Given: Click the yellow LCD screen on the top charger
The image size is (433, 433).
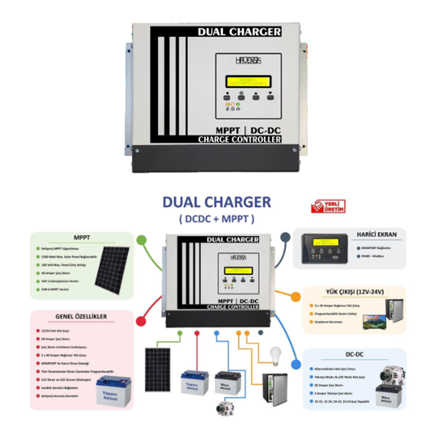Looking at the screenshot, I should [x=248, y=82].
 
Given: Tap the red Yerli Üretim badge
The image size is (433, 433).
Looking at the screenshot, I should [x=328, y=206].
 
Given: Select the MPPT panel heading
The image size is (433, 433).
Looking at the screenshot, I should [x=82, y=238].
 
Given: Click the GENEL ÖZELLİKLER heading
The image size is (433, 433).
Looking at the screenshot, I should [x=81, y=316].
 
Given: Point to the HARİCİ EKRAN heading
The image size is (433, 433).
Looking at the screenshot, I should [x=376, y=235].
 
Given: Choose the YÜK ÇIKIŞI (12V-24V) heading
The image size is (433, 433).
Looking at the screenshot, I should [x=354, y=292].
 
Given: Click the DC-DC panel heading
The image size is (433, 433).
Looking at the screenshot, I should [x=354, y=354].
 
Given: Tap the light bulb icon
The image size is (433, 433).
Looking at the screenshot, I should [x=275, y=355].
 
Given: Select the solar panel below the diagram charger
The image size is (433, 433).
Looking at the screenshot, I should [x=157, y=369].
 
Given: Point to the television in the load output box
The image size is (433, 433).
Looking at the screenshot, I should [x=374, y=322].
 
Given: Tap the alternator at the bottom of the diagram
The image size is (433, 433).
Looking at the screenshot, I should [x=225, y=408].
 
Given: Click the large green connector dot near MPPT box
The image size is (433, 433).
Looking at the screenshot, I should [x=141, y=240].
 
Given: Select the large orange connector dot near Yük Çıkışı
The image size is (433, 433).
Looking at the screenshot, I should [x=296, y=297].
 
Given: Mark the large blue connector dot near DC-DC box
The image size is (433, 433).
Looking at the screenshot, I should [x=296, y=364].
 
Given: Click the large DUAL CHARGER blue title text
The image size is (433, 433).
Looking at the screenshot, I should [x=216, y=202].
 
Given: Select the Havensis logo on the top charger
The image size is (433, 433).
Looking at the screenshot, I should [x=248, y=61].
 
